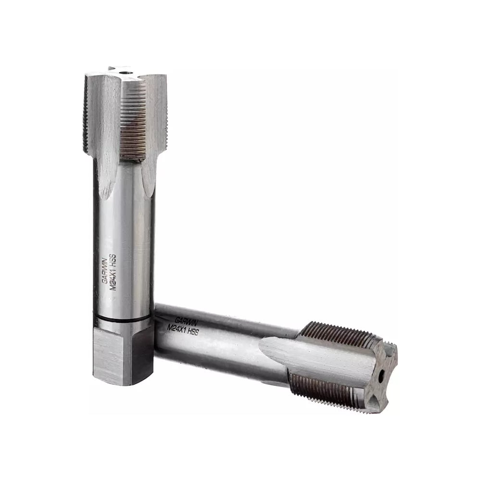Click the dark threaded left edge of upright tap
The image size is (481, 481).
(x=85, y=115)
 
